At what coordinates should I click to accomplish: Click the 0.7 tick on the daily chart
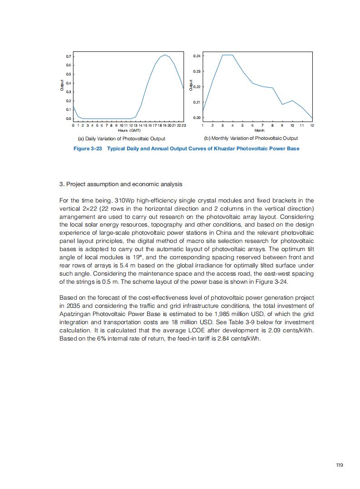(x=69, y=56)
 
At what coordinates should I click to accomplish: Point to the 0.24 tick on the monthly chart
(x=197, y=56)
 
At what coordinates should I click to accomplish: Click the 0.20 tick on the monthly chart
(x=197, y=118)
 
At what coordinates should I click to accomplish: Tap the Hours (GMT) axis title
(x=129, y=130)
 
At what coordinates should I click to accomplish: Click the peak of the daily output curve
(x=165, y=55)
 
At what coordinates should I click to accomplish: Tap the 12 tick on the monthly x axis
(x=312, y=125)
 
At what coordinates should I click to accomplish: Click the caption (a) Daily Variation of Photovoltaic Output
(x=122, y=138)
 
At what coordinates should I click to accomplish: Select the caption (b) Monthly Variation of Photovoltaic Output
(x=251, y=138)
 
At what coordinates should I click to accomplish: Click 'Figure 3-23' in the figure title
(x=88, y=148)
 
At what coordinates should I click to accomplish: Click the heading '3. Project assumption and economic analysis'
(x=121, y=184)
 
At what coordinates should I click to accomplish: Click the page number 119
(x=339, y=465)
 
